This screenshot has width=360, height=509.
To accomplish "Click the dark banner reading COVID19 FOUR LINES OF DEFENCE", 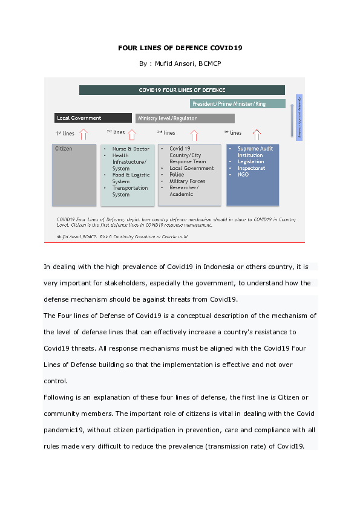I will [x=182, y=90].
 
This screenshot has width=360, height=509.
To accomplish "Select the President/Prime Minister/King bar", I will [x=237, y=104].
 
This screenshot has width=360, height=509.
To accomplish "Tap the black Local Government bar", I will [x=93, y=118].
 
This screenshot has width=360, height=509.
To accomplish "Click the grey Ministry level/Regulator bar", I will [x=185, y=118].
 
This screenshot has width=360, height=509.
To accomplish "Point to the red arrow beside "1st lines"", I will [x=83, y=134].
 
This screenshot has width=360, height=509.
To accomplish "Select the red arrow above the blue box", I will [x=257, y=134].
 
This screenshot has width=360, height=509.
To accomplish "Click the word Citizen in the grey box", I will [x=64, y=149].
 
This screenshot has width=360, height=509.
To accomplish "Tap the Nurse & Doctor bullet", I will [x=131, y=149].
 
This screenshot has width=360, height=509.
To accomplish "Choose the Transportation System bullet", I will [x=129, y=191].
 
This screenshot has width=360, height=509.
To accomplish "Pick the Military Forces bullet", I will [x=187, y=181].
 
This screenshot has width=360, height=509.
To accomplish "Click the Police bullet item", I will [x=177, y=175].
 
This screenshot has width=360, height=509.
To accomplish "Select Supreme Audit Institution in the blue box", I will [x=255, y=152].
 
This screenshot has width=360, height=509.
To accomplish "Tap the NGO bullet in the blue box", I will [x=243, y=175].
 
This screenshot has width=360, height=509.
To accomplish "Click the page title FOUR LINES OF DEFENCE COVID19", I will [x=180, y=47].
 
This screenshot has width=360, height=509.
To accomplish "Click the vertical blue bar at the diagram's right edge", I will [x=299, y=117].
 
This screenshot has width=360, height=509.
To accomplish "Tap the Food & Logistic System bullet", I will [x=131, y=178].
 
